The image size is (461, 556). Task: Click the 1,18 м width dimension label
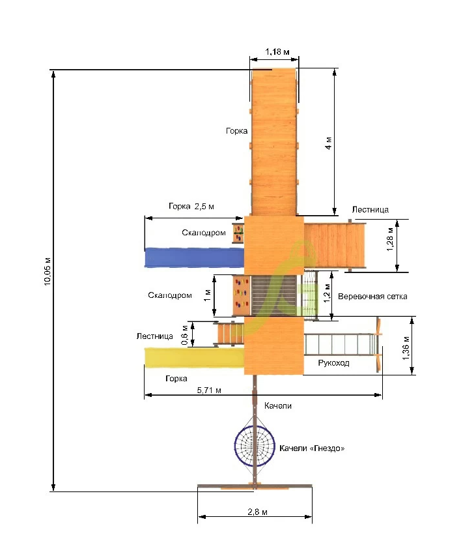click(x=277, y=51)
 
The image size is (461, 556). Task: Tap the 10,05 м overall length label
click(x=48, y=272)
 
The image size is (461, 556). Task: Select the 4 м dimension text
click(x=328, y=143)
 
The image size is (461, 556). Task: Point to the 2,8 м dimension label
click(x=257, y=512)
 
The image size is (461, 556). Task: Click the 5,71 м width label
click(x=209, y=390)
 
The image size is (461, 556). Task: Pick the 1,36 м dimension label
click(x=406, y=348)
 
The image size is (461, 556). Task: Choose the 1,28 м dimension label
click(x=390, y=239)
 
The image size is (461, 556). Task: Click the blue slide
click(x=194, y=257)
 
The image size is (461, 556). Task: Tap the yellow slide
click(x=194, y=357)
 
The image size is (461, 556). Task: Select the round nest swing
click(x=255, y=446)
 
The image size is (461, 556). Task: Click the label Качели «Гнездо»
click(x=312, y=448)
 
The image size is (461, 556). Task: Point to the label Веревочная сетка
click(x=372, y=296)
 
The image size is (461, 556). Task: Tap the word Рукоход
click(x=333, y=363)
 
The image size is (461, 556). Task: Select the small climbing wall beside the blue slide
click(x=238, y=233)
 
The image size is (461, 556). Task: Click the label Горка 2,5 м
click(x=191, y=206)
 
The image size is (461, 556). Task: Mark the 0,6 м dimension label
click(x=185, y=335)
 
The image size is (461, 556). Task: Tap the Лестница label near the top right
click(x=370, y=210)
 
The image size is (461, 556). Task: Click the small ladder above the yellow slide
click(x=229, y=333)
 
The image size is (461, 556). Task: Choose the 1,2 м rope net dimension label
click(x=327, y=293)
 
